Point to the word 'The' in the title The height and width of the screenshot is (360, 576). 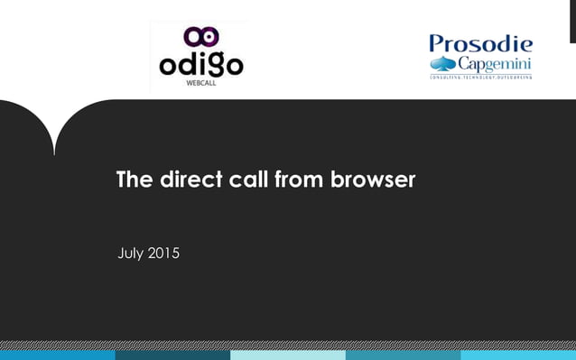[x=135, y=180]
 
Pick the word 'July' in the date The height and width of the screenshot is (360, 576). [x=131, y=254]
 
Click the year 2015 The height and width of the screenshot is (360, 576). [x=163, y=254]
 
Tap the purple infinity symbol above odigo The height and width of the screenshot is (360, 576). [x=200, y=37]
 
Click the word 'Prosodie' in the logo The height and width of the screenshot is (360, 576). [x=480, y=43]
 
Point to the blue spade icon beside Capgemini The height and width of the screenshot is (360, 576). [x=443, y=63]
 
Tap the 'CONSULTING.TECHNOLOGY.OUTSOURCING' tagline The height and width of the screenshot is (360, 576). [x=480, y=77]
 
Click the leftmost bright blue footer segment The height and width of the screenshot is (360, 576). [x=57, y=355]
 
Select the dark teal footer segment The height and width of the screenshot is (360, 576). [x=172, y=355]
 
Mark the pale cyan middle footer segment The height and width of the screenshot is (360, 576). [x=287, y=355]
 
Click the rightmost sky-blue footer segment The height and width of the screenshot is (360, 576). [x=518, y=355]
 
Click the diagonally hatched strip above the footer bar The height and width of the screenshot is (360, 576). [x=288, y=345]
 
